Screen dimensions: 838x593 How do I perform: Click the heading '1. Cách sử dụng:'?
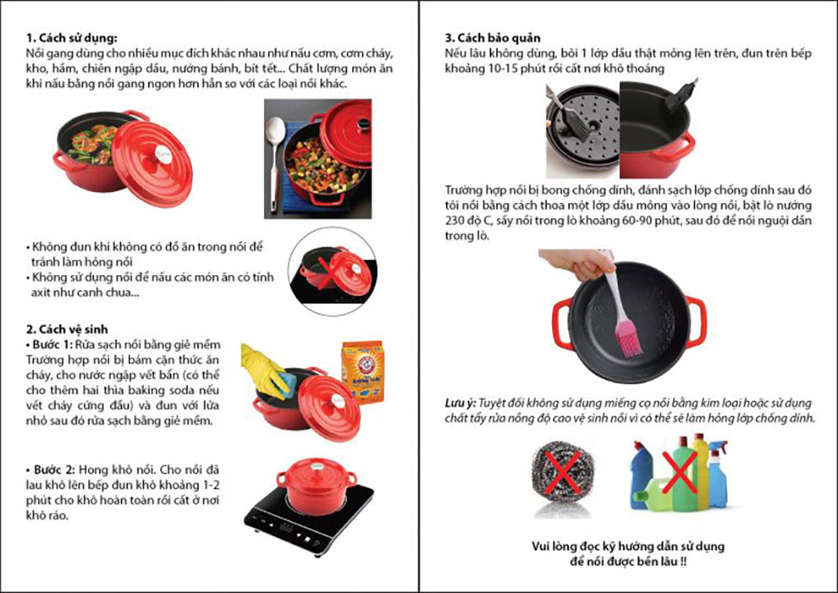[71, 38]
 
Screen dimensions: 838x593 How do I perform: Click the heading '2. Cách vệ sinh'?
[67, 330]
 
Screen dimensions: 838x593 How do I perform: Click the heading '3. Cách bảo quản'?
[492, 38]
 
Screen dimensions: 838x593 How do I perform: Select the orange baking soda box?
[363, 372]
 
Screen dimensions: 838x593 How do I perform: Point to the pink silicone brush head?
[628, 338]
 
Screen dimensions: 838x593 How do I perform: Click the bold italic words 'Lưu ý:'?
[459, 403]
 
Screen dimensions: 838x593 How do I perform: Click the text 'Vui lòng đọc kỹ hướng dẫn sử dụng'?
[628, 546]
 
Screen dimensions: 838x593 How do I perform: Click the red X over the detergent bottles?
[680, 471]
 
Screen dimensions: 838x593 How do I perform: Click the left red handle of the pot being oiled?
[562, 324]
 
